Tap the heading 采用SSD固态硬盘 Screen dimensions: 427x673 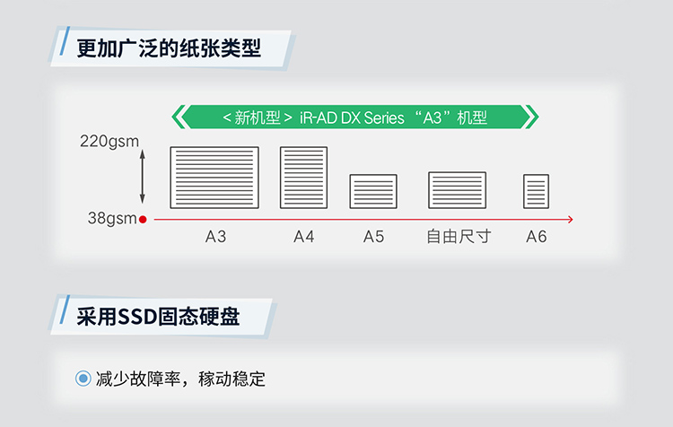[x=158, y=315]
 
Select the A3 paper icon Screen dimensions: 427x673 [x=214, y=178]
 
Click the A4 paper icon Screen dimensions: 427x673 [x=303, y=178]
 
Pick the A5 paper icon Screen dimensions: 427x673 [x=373, y=191]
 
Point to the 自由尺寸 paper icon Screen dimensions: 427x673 [x=458, y=189]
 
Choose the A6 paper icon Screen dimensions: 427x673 [x=536, y=191]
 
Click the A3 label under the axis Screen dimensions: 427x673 [x=215, y=237]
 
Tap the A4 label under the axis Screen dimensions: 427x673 [x=304, y=237]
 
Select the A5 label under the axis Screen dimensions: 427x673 [x=373, y=237]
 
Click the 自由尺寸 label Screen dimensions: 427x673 [x=459, y=237]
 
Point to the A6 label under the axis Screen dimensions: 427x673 [x=536, y=237]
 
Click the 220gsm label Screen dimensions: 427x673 [x=109, y=141]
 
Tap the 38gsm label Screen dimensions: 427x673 [x=112, y=218]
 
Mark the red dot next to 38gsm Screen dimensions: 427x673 [x=143, y=218]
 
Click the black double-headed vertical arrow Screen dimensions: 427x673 [x=143, y=178]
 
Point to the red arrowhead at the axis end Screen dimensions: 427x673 [x=569, y=218]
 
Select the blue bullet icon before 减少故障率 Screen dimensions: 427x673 [x=83, y=378]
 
